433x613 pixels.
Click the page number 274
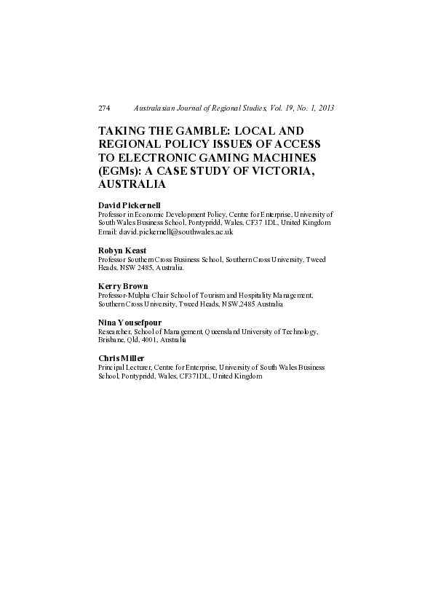[x=103, y=108]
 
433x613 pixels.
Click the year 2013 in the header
[x=325, y=108]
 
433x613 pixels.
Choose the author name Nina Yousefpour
[x=130, y=323]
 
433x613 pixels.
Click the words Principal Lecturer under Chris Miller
[x=124, y=368]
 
